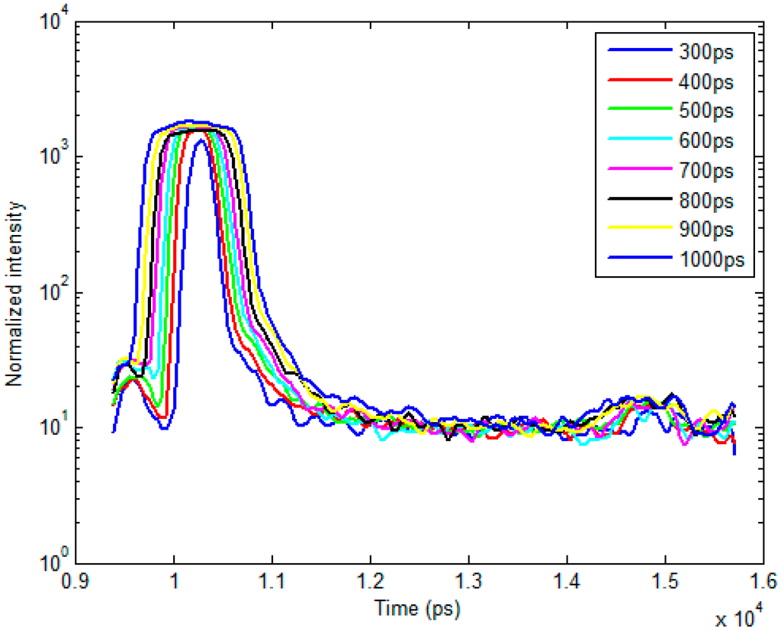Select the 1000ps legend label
pos(709,260)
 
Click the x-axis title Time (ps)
pos(417,608)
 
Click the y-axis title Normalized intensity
pos(14,293)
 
